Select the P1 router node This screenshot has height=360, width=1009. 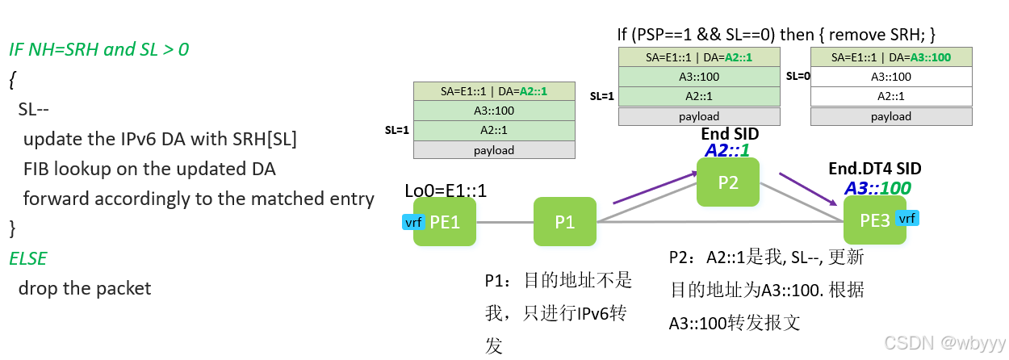565,222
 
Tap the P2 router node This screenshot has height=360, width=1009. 728,182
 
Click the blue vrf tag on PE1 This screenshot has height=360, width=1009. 413,222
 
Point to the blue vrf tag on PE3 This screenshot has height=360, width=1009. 907,218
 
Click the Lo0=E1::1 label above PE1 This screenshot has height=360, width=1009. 446,191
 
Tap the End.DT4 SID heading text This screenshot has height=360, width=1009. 875,169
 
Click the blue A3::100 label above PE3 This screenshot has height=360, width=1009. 877,188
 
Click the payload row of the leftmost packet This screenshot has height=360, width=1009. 494,150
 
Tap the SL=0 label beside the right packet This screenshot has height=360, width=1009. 798,76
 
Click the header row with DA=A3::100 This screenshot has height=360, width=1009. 891,57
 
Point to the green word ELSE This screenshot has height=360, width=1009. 27,258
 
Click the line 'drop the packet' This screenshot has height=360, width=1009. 84,288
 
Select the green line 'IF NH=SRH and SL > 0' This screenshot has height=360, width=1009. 98,49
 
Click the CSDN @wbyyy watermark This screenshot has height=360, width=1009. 944,343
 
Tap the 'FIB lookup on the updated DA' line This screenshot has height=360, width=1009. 149,169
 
